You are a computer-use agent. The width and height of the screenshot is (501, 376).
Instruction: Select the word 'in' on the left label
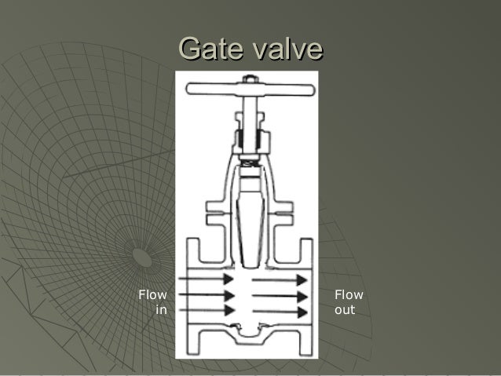pyautogui.click(x=161, y=310)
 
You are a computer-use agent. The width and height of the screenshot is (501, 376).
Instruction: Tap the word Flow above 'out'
pyautogui.click(x=349, y=295)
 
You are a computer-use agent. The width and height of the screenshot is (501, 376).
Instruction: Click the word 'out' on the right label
pyautogui.click(x=345, y=310)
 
